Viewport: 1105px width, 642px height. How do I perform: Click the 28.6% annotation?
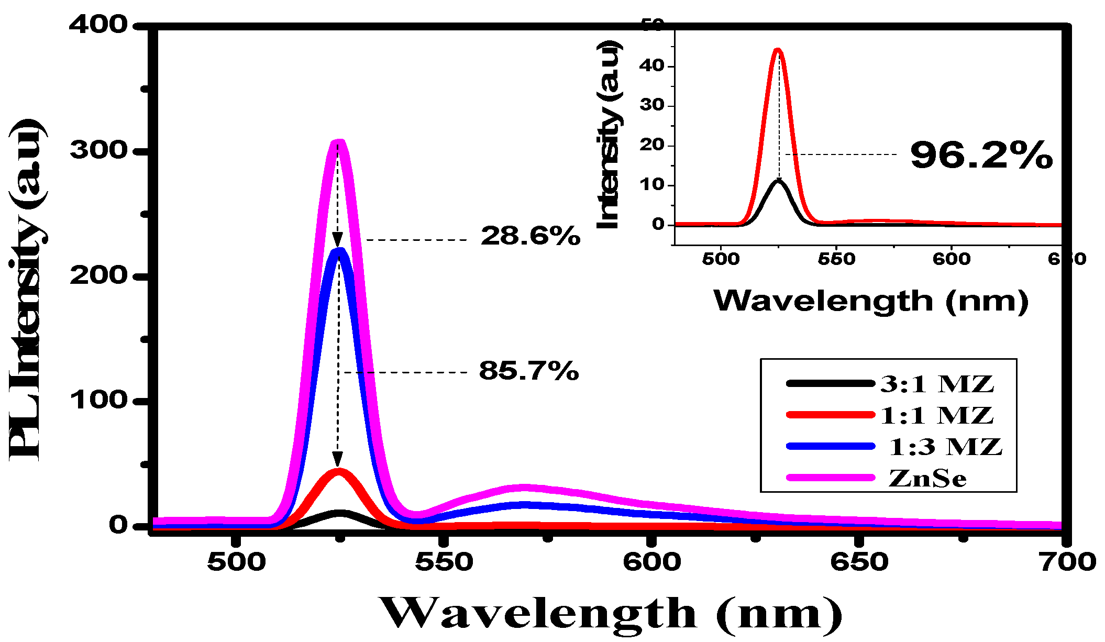tap(530, 236)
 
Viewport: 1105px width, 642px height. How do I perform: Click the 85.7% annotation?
tap(528, 371)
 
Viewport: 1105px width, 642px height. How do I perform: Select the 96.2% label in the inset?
tap(981, 156)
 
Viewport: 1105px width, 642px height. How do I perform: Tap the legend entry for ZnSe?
tap(927, 478)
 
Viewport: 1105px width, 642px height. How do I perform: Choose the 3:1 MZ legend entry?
tap(936, 384)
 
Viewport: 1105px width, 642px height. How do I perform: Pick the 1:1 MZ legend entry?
tap(936, 415)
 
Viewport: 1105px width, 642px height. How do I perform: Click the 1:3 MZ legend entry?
tap(945, 447)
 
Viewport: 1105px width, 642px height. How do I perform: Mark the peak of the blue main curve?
tap(339, 251)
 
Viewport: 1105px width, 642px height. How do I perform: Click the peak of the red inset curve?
tap(778, 50)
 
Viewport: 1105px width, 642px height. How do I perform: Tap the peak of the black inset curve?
tap(779, 181)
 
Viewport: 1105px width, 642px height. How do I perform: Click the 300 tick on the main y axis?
tap(98, 151)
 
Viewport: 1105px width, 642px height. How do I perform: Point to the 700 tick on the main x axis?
tap(1067, 562)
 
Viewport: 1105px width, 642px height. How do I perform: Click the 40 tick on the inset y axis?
tap(651, 65)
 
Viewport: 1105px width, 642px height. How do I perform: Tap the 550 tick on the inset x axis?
tap(836, 259)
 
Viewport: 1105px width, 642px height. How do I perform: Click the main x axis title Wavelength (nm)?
tap(610, 613)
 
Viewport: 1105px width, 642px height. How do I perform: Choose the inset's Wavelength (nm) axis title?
tap(870, 301)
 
